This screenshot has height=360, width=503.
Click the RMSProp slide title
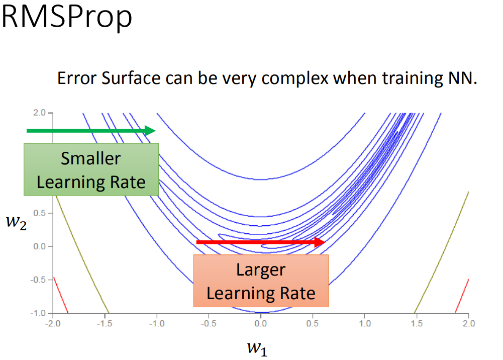pos(67,18)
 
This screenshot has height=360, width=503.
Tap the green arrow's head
pos(150,131)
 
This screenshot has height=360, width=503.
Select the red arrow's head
pos(320,242)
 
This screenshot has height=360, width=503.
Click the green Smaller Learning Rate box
pos(91,169)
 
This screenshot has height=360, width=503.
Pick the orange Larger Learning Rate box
pos(261,281)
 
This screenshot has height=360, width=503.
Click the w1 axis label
pos(257,347)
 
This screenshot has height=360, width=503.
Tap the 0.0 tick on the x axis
pos(260,323)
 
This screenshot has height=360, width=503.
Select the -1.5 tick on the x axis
pos(105,323)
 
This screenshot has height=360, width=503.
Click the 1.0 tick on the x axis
pos(364,323)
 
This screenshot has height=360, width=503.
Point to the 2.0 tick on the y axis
pos(39,113)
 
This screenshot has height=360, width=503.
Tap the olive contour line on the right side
pos(442,251)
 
